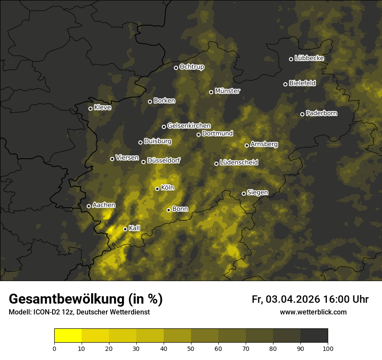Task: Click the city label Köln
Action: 168,188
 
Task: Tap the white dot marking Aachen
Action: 89,206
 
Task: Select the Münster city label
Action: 227,91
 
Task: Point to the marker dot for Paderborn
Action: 303,114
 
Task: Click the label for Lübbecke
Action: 309,58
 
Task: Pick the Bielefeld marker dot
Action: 285,84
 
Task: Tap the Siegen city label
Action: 257,193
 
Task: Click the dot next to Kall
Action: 125,229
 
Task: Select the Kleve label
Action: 102,108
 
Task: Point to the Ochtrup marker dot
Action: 176,68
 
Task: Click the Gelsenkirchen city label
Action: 189,126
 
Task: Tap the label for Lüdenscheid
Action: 239,163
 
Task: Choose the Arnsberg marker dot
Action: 247,145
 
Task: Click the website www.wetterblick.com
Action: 313,312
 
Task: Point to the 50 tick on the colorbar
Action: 191,348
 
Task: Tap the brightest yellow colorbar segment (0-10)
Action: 68,336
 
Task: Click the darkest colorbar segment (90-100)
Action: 314,336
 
